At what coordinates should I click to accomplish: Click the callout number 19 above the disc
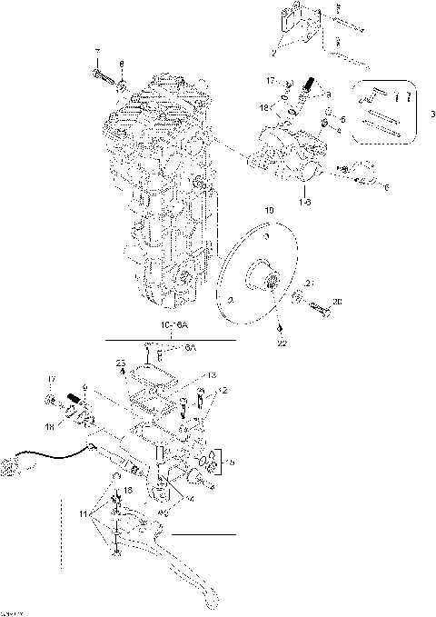(268, 210)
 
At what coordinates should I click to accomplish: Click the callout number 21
(309, 284)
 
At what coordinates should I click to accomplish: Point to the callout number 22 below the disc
(280, 343)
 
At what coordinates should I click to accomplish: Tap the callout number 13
(211, 374)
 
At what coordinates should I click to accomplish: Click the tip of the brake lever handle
(210, 602)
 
